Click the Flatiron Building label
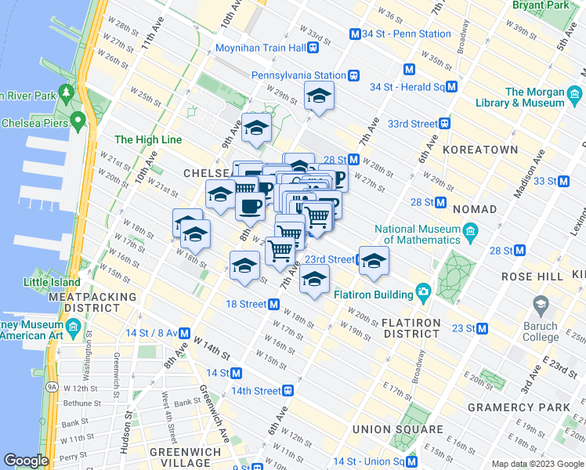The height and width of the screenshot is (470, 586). pyautogui.click(x=374, y=295)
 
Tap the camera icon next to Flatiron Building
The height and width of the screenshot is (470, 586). pyautogui.click(x=424, y=293)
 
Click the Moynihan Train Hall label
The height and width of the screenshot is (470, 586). pyautogui.click(x=260, y=48)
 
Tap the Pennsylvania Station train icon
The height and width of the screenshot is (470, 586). pyautogui.click(x=354, y=76)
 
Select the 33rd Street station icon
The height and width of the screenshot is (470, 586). pyautogui.click(x=445, y=124)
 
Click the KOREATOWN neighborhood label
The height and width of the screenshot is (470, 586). pyautogui.click(x=480, y=150)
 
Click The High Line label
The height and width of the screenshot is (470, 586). pyautogui.click(x=148, y=140)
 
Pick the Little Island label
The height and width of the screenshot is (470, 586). pyautogui.click(x=52, y=282)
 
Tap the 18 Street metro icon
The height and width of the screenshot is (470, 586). pyautogui.click(x=275, y=304)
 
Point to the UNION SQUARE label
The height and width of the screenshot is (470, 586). pyautogui.click(x=397, y=430)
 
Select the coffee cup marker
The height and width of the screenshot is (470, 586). pyautogui.click(x=251, y=207)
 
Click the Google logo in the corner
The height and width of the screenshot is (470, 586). pyautogui.click(x=26, y=461)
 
